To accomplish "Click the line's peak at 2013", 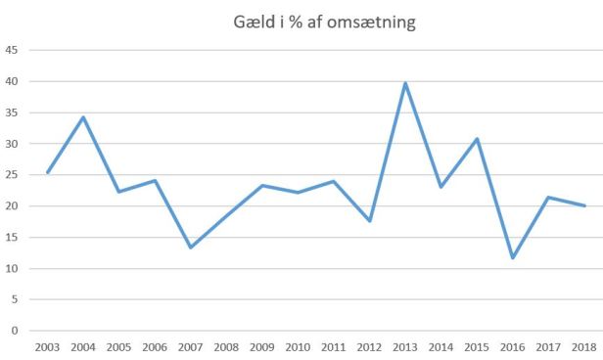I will [x=405, y=83].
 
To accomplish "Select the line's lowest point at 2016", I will [x=512, y=257].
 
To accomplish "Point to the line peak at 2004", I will [x=83, y=117].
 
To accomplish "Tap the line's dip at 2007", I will [x=190, y=247].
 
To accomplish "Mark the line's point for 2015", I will [x=477, y=139].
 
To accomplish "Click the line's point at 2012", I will [x=369, y=221].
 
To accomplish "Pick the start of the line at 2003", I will [x=47, y=172].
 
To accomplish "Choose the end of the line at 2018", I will [x=584, y=205].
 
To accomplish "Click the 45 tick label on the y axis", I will [x=12, y=50].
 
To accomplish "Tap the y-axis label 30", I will [x=12, y=144].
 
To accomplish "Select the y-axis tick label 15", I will [x=12, y=238].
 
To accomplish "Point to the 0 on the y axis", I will [x=15, y=331].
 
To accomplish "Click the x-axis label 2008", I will [x=226, y=347].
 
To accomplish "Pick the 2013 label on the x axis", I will [x=405, y=347].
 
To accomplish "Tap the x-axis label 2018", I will [x=584, y=347].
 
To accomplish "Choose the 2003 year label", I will [x=47, y=347].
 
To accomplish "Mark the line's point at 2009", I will [x=262, y=186].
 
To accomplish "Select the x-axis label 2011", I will [x=334, y=347].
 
